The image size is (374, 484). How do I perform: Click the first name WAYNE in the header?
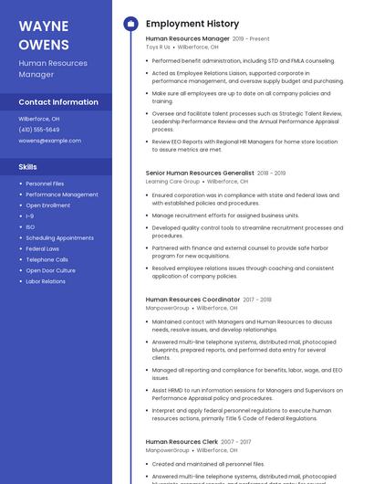tap(43, 26)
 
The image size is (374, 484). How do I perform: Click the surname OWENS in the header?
tap(44, 44)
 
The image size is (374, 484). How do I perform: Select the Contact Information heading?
tap(58, 102)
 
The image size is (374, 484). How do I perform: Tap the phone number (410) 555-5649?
tap(39, 130)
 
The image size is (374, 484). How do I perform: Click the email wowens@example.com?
tap(50, 141)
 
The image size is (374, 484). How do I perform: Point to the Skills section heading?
tap(28, 167)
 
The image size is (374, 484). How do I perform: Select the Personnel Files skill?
tap(45, 184)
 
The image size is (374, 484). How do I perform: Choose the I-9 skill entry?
tap(30, 216)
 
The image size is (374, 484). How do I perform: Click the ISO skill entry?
tap(30, 227)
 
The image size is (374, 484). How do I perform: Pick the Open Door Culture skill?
tap(51, 270)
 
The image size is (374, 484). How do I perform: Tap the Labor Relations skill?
tap(46, 281)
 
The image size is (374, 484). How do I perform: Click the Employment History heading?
tap(192, 24)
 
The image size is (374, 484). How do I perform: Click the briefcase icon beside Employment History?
tap(130, 24)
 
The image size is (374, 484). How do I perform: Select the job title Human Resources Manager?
tap(187, 39)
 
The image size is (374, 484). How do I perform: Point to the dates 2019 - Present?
tap(251, 39)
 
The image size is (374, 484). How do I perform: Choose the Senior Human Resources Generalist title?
tap(200, 173)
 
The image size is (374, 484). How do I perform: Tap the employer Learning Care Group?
tap(172, 182)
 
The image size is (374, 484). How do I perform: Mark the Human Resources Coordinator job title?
tap(192, 300)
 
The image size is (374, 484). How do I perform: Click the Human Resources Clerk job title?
tap(182, 442)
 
